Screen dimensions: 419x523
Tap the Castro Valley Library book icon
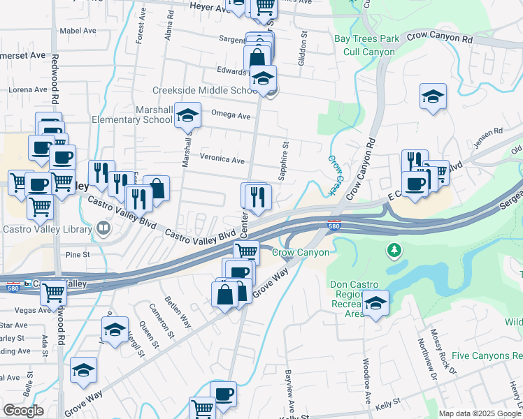(103, 228)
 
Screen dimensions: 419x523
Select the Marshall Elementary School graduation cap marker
(187, 115)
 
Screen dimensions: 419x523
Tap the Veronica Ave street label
(222, 159)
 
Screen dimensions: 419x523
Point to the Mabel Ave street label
(78, 31)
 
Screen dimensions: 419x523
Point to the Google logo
(23, 411)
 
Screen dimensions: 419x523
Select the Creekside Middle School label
(206, 91)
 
